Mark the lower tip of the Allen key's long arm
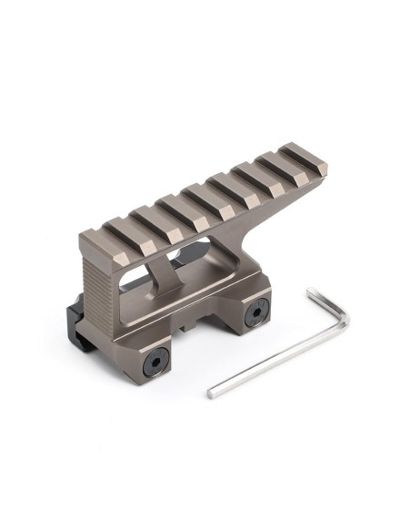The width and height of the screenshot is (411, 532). tap(212, 394)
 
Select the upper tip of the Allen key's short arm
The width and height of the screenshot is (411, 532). tap(311, 292)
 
